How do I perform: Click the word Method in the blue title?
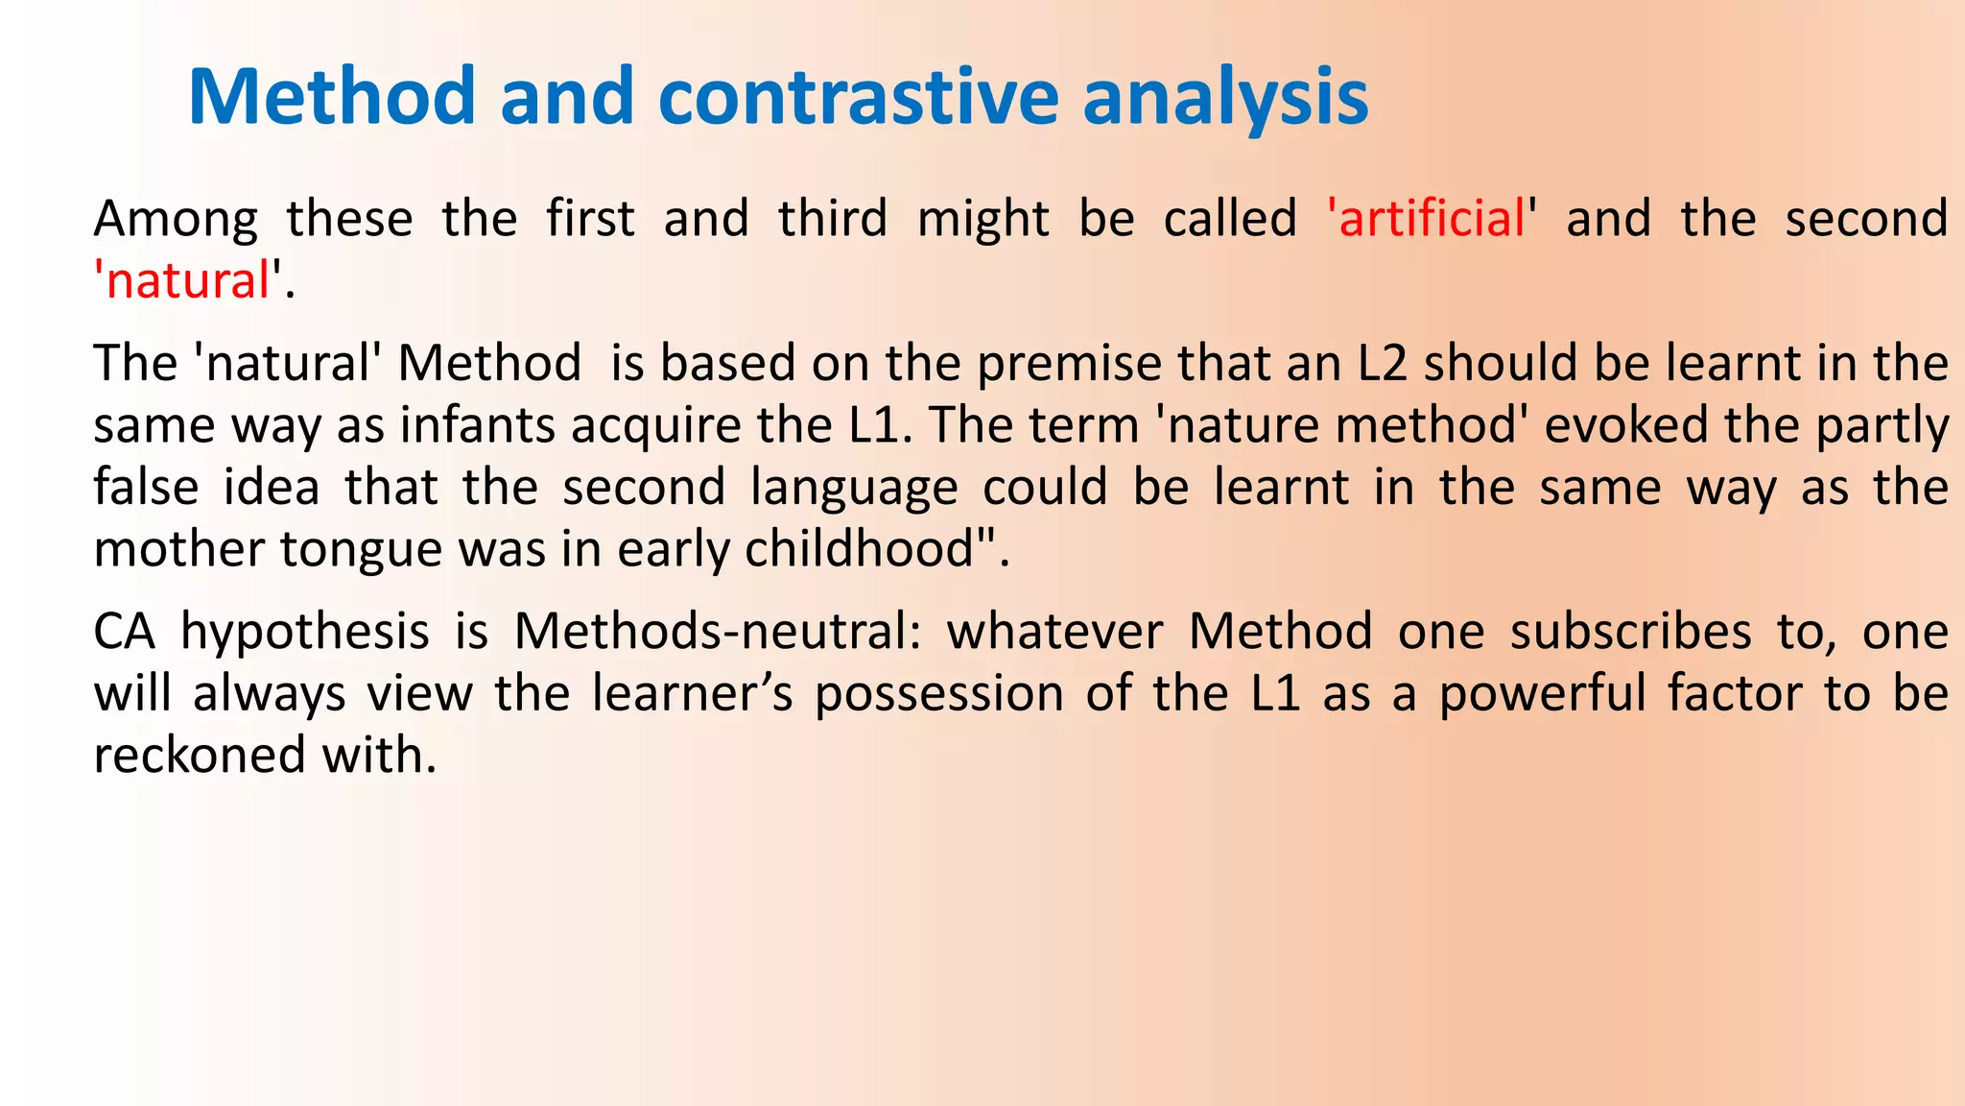(331, 97)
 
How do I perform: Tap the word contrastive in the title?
(859, 97)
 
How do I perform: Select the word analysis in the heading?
(1225, 97)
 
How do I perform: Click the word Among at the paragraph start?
(176, 219)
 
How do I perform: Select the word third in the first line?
(833, 219)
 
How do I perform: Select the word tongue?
(364, 550)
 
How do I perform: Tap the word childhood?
(860, 550)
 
